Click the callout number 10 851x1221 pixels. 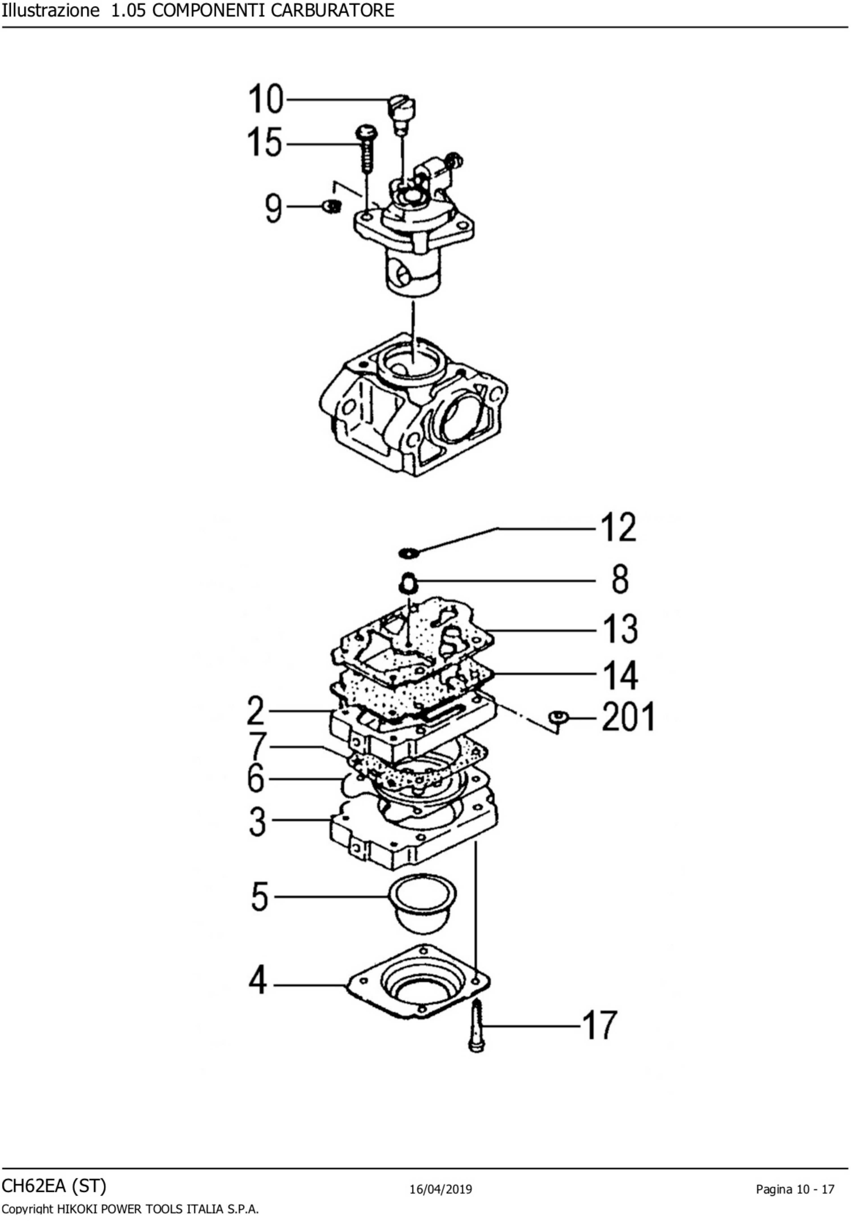point(266,100)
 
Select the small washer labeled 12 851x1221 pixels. point(409,553)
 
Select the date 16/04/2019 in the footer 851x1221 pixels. point(441,1189)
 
